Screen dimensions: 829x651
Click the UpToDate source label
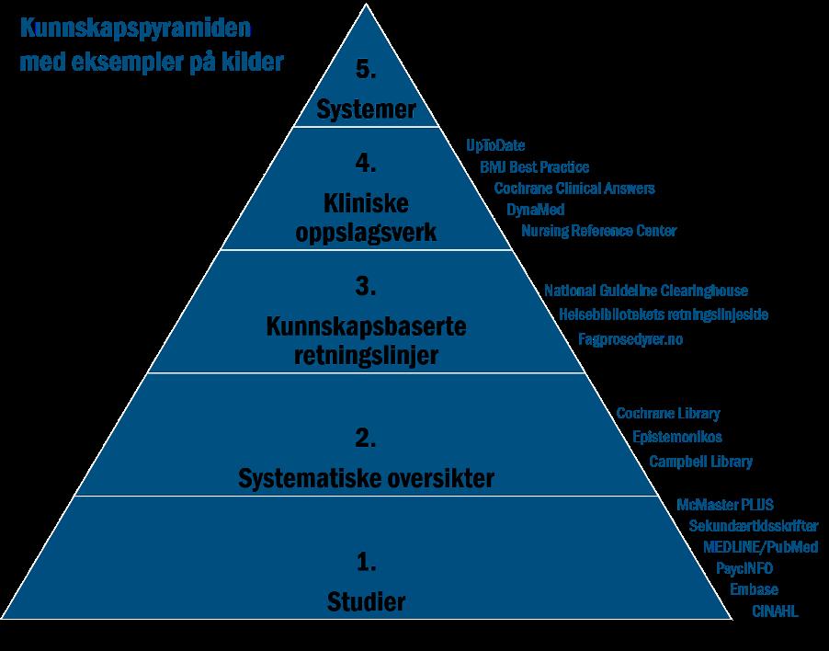pos(495,145)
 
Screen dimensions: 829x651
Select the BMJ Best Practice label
pos(534,166)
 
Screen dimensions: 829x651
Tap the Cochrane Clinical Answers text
pos(574,188)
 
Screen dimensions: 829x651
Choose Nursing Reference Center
pos(598,230)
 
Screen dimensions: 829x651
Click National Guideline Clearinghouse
pos(646,291)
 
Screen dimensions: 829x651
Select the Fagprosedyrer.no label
pos(630,339)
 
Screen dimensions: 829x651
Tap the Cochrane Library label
pos(668,414)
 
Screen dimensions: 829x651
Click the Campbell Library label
pos(700,461)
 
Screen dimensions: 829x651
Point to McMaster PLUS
pos(724,505)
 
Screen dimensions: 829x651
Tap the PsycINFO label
pos(744,568)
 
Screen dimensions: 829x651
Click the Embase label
pos(754,589)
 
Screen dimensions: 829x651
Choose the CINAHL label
pos(775,611)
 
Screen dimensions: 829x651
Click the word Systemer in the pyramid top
pos(367,110)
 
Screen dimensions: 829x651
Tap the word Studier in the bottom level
pos(367,603)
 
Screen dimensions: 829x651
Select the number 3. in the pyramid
pos(367,287)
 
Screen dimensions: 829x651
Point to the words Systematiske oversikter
pos(367,479)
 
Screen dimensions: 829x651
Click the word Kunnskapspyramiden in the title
pos(135,29)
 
